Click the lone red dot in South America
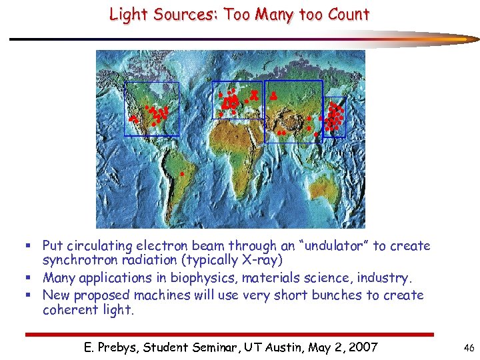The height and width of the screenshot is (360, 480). (182, 174)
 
